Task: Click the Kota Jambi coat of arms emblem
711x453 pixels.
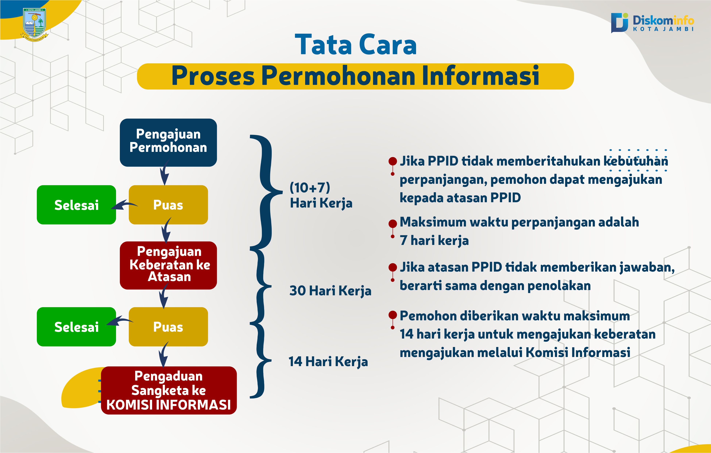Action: tap(34, 24)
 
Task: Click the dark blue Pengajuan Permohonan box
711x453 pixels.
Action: tap(168, 142)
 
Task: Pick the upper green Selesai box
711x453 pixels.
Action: tap(76, 205)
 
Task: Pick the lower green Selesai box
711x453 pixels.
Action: tap(76, 327)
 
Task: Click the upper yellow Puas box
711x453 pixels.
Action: tap(168, 205)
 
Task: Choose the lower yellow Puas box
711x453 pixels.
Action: tap(168, 327)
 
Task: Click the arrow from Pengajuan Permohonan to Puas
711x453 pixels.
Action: tap(165, 173)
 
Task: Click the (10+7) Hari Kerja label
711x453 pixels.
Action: tap(321, 195)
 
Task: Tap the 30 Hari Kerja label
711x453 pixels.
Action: tap(330, 291)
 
